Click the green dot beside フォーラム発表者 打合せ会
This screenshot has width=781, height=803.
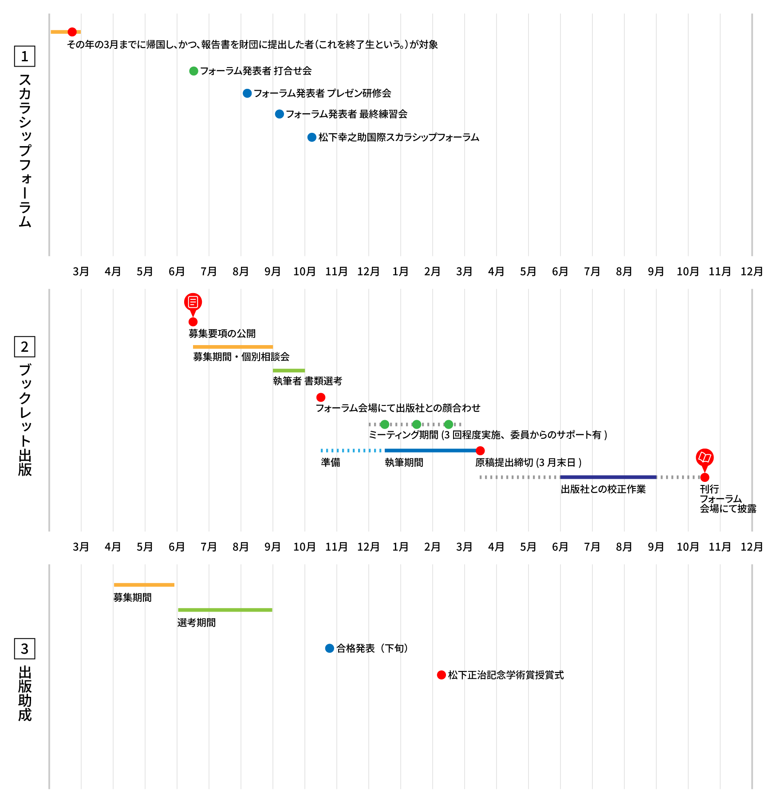point(193,71)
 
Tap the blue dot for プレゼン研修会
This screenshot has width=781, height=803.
point(247,93)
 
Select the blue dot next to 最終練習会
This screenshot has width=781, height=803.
point(279,114)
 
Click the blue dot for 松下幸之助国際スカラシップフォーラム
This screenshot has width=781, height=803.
point(312,137)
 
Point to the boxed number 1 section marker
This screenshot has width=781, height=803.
point(24,56)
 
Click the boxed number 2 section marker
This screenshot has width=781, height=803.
point(24,347)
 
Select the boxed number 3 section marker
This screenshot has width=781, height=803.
point(24,649)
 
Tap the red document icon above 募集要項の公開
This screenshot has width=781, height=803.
point(193,302)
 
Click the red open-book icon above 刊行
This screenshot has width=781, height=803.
point(705,457)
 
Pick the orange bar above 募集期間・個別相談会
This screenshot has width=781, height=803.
point(233,347)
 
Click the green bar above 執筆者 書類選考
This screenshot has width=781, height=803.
point(289,370)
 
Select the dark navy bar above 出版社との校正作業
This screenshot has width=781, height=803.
point(608,477)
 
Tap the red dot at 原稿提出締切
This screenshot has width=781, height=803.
point(480,451)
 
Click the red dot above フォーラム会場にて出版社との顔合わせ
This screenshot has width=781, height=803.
point(321,397)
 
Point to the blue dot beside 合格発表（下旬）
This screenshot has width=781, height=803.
point(329,648)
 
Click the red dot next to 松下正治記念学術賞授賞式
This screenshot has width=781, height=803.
point(441,675)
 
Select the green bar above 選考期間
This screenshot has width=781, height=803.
point(225,610)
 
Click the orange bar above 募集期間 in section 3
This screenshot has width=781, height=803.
point(144,585)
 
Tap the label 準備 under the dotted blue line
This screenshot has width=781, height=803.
point(331,462)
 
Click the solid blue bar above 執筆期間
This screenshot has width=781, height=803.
point(430,450)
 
